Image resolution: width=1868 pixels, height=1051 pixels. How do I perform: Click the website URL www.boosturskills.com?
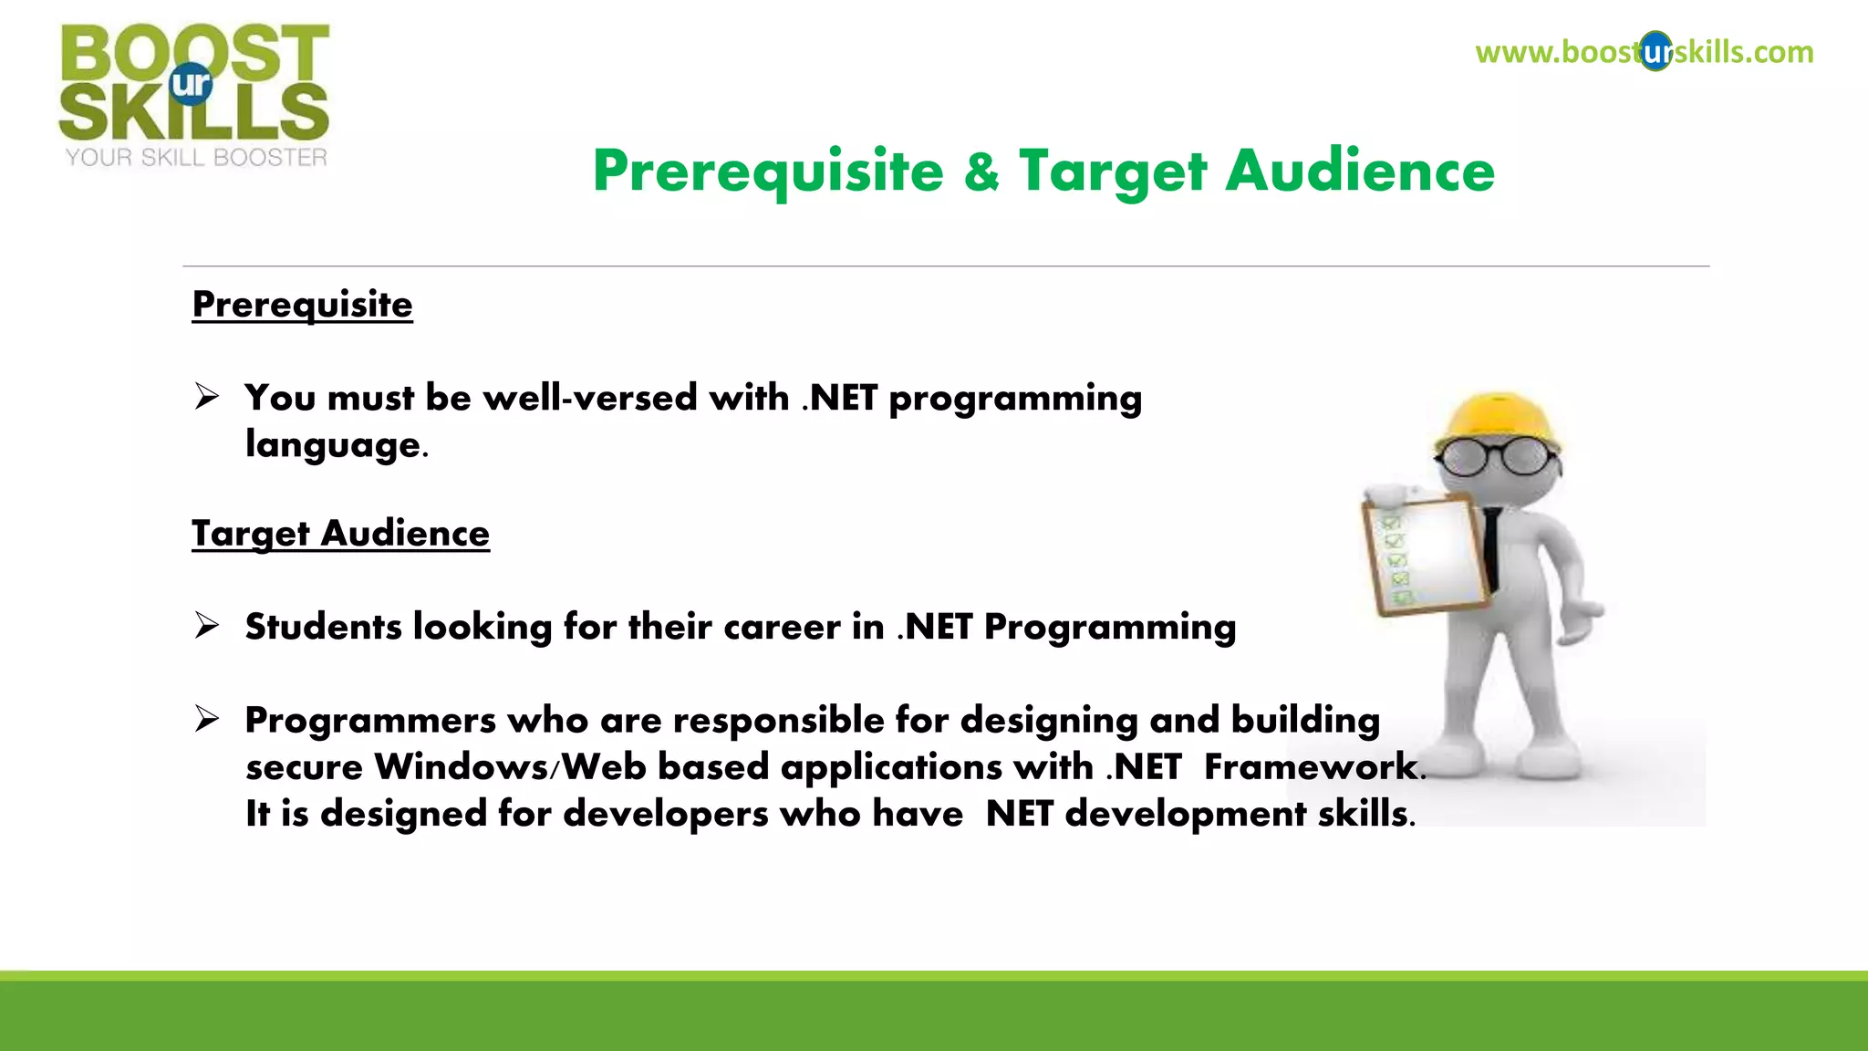point(1644,52)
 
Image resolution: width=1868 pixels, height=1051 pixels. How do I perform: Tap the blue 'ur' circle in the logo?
point(191,84)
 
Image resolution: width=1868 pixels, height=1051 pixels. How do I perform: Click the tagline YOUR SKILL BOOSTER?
point(196,158)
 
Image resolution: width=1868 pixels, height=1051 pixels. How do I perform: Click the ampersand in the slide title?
point(981,171)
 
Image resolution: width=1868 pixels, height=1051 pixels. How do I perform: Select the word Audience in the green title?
point(1359,171)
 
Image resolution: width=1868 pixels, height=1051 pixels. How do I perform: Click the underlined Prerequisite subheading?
point(302,304)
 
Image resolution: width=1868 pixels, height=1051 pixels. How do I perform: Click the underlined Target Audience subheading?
point(340,533)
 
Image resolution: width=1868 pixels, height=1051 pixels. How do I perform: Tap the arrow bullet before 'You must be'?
point(207,397)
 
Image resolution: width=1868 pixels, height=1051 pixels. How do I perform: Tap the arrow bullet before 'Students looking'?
point(207,626)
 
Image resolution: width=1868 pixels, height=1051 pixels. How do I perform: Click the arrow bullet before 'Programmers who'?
point(207,720)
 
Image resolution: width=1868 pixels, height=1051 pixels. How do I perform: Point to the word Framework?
point(1310,766)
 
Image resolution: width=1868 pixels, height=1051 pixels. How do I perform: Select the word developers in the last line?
point(666,813)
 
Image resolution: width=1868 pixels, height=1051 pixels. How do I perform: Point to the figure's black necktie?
point(1492,547)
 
